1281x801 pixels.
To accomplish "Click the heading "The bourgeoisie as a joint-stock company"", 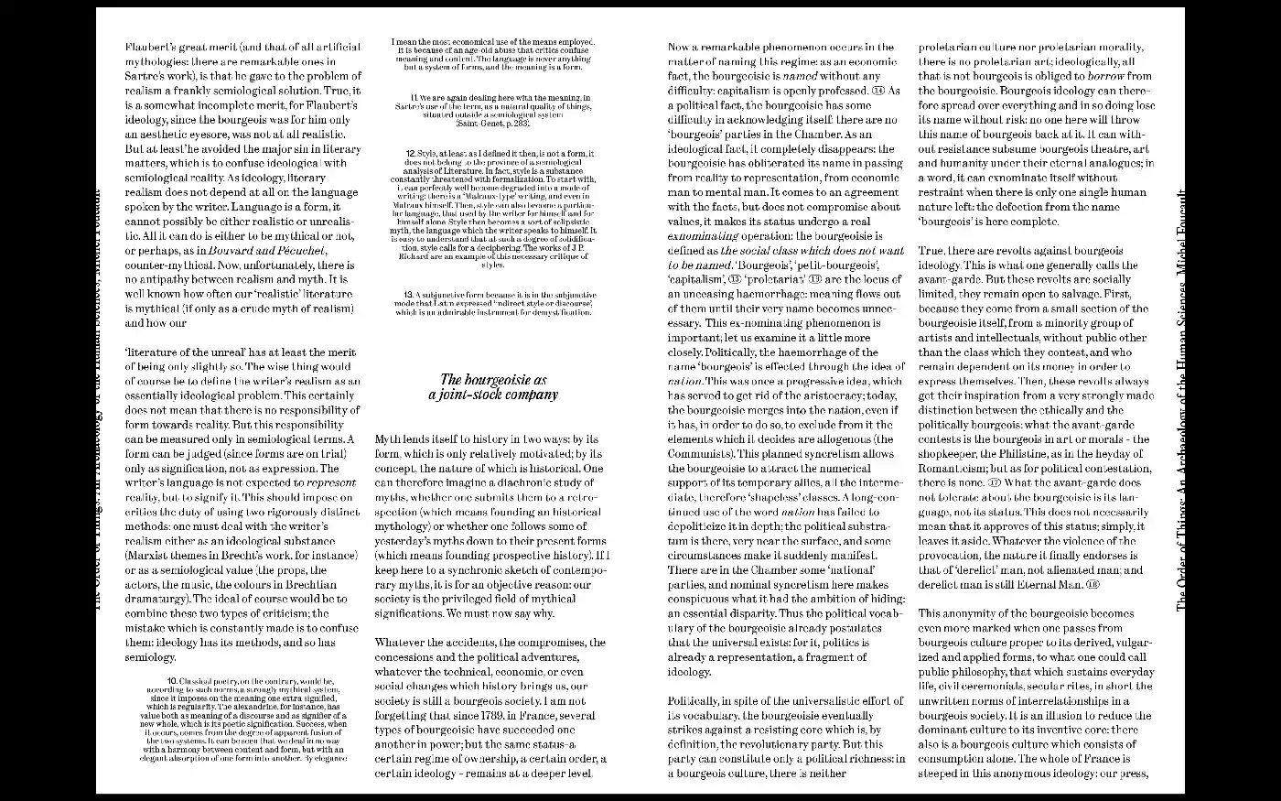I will pos(493,387).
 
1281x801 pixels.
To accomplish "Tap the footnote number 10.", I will pos(172,681).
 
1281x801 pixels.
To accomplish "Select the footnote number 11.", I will pos(414,96).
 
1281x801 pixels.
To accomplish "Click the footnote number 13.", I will pos(409,294).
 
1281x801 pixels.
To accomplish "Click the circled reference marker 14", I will pos(878,91).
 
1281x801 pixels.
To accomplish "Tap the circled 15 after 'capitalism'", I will pos(735,279).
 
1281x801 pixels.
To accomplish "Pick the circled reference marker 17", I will pos(995,482).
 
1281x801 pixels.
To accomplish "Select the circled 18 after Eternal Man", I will pos(1093,584).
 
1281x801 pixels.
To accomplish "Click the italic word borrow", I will pos(1105,76).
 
